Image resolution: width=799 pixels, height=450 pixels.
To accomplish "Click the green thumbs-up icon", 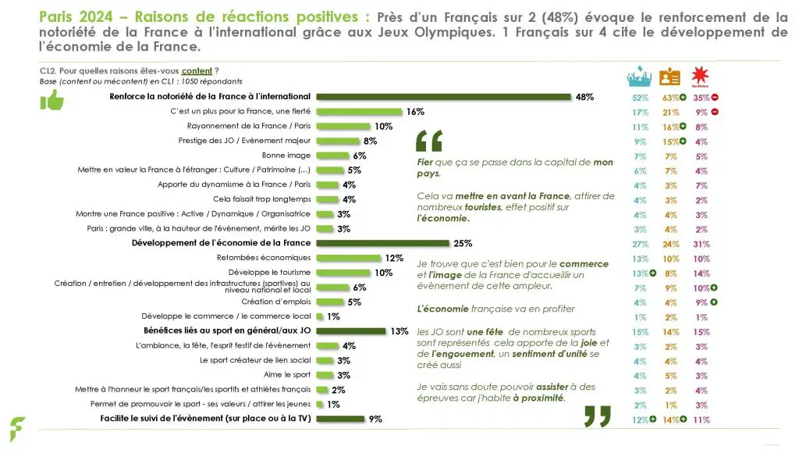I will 51,100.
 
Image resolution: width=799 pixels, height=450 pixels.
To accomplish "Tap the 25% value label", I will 463,243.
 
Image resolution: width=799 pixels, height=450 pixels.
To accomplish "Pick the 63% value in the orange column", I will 667,98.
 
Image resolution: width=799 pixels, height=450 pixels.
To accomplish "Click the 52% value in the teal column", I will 640,98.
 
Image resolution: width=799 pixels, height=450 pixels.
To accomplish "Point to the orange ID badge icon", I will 669,77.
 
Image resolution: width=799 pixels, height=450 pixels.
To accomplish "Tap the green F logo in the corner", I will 16,430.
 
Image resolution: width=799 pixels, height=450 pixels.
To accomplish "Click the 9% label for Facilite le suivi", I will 375,419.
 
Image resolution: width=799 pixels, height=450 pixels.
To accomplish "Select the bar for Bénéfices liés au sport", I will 350,331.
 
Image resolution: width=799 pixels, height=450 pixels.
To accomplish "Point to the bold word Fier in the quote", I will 425,162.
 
